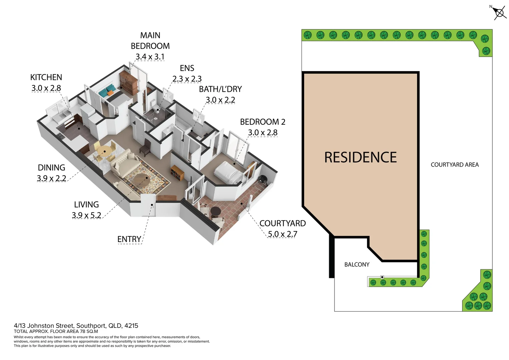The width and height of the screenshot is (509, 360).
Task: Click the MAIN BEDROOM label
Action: point(150,41)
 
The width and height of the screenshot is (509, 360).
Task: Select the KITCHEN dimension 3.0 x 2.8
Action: point(46,88)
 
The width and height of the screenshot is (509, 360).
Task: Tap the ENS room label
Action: point(187,68)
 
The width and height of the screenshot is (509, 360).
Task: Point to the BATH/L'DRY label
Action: point(220,89)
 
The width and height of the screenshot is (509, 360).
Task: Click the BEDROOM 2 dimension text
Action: point(262,133)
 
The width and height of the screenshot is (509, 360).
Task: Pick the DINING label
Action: point(51,168)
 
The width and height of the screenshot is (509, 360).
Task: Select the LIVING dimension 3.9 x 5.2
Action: point(86,215)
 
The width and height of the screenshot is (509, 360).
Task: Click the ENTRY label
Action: point(129,239)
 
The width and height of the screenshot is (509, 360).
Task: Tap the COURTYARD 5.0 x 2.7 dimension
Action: point(282,234)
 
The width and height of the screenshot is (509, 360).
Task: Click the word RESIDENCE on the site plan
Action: point(360,158)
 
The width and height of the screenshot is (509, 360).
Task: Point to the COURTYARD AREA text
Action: point(454,165)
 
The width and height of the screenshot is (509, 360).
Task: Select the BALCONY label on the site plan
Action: point(357,265)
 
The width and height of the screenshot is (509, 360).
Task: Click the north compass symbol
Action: point(499,13)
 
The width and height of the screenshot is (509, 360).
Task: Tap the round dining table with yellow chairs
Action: point(105,152)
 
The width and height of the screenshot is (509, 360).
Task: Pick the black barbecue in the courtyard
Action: point(263,179)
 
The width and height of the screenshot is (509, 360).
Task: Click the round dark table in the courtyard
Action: point(216,211)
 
